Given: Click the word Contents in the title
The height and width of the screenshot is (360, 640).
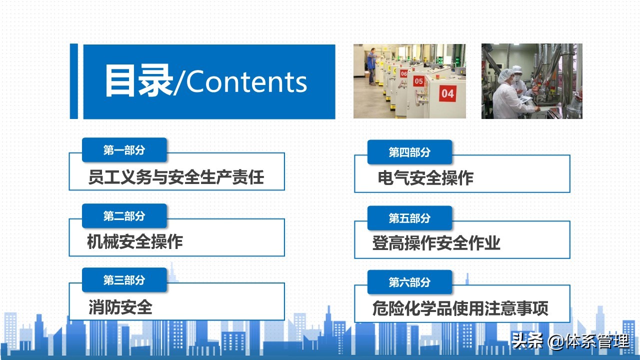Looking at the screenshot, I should pos(246,81).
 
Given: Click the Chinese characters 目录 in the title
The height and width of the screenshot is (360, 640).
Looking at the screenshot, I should pos(138,81).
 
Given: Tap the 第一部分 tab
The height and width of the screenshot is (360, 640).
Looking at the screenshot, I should pos(124,150).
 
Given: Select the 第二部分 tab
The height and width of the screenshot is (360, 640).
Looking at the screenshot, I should pos(124,216).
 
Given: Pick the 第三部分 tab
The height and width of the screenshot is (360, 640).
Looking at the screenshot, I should pos(124,280).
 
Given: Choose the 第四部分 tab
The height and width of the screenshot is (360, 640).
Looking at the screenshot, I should pos(409,152).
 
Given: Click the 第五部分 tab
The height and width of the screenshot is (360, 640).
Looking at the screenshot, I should pos(409,218).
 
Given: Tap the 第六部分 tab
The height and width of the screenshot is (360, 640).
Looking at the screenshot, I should pos(409,282).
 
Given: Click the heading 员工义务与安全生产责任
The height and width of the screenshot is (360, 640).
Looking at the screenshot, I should pos(176,177).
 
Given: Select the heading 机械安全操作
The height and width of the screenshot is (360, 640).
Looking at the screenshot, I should pos(134,242).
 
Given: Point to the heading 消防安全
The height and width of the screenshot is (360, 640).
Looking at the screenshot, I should pos(120,306).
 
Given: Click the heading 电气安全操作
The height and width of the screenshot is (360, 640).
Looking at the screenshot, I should pos(425,178).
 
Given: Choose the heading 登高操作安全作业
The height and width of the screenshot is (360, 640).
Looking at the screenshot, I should pos(436,244).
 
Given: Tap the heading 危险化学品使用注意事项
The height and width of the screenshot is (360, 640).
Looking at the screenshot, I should pos(460,308).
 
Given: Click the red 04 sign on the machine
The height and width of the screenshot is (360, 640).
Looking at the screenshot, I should pos(447,93).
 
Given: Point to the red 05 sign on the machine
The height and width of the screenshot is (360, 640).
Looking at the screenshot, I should pos(418,81).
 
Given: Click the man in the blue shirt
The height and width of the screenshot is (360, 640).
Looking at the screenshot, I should pos(371,64).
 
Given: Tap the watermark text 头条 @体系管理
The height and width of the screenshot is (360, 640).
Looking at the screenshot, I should pos(570,342).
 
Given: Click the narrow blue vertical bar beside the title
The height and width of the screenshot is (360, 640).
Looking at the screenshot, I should pos(74,81).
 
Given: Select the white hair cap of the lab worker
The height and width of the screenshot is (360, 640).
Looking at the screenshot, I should pos(506,73).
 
